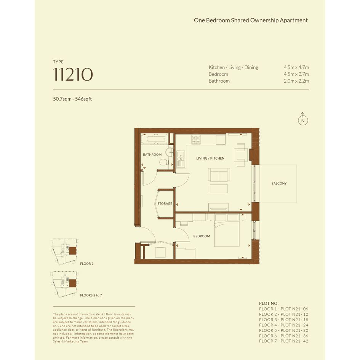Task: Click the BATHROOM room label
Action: [152, 155]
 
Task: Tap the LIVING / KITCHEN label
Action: [210, 158]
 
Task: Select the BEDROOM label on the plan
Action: [202, 236]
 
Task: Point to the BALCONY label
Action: [279, 184]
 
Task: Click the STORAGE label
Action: [165, 203]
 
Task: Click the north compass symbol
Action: [303, 119]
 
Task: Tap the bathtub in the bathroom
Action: [154, 139]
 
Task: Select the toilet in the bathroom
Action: [164, 162]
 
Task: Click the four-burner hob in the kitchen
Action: [196, 139]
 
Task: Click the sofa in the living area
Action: [219, 175]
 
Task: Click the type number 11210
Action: [73, 74]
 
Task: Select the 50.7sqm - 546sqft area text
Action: [72, 99]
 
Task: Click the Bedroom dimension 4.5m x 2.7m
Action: [296, 74]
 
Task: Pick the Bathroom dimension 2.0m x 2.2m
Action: [296, 81]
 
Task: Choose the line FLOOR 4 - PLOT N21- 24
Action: [283, 325]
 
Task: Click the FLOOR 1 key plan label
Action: [87, 264]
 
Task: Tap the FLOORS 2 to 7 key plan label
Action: [91, 295]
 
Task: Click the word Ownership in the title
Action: [264, 21]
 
